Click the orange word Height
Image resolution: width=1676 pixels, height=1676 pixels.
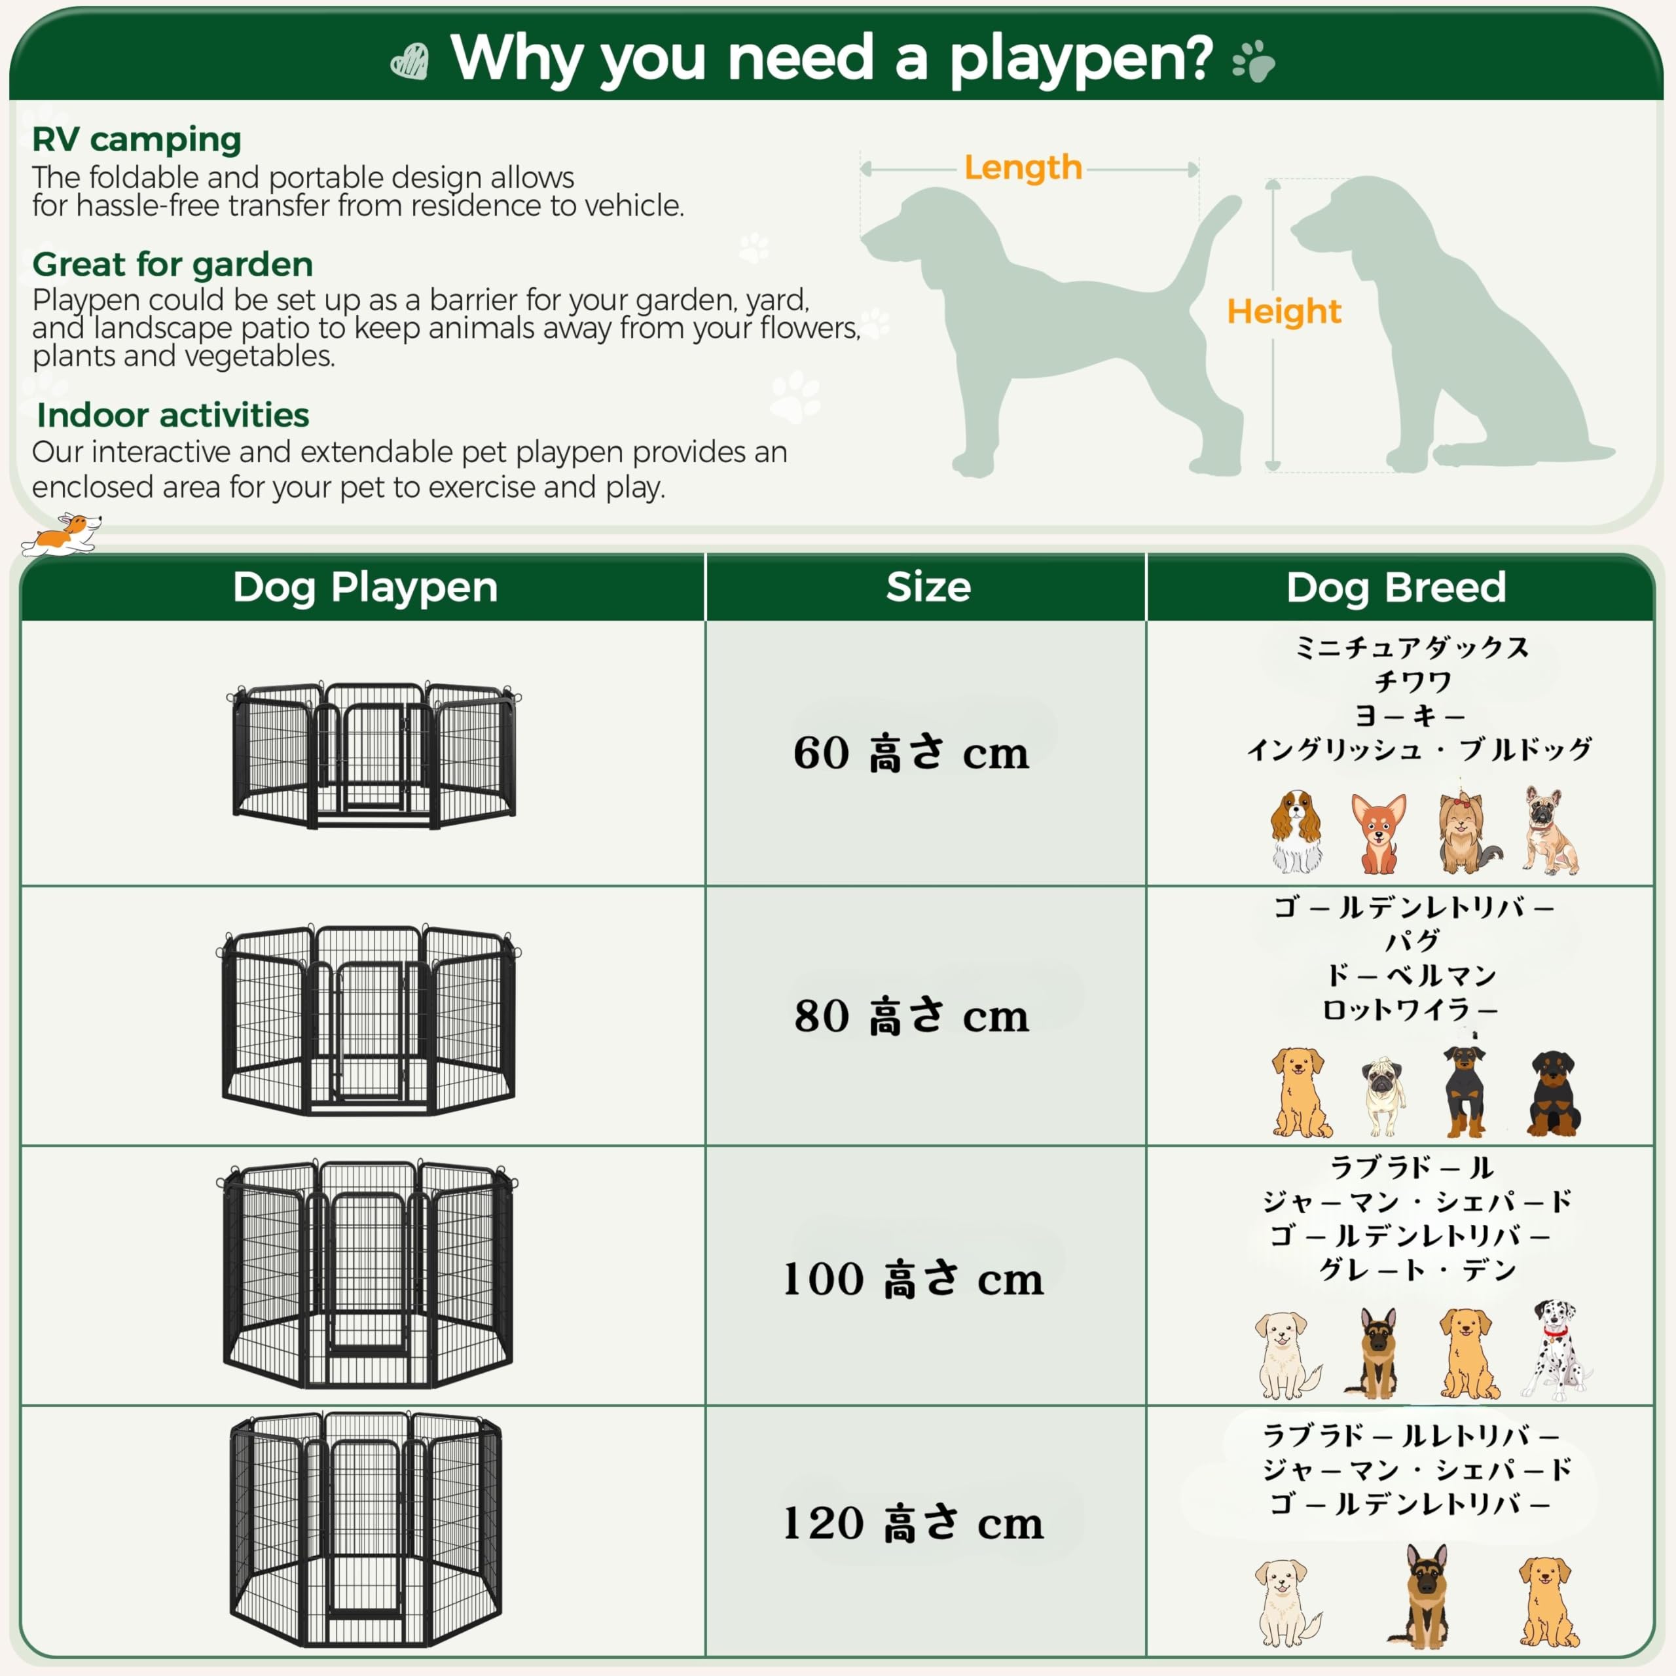(x=1284, y=312)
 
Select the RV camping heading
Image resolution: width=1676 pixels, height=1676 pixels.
(x=136, y=139)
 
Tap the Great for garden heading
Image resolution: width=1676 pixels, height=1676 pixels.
(x=173, y=264)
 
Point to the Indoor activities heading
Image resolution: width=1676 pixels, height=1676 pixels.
(x=173, y=416)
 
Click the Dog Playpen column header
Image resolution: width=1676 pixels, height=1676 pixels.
(x=365, y=588)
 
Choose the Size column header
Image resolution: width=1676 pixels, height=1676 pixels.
(x=928, y=587)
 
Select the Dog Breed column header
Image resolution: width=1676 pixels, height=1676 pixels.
(x=1396, y=587)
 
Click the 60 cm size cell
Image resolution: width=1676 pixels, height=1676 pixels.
(x=911, y=752)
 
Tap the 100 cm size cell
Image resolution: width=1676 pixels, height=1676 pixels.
(x=913, y=1278)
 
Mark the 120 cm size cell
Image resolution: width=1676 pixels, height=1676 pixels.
(x=913, y=1522)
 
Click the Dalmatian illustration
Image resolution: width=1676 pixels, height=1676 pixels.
(x=1556, y=1350)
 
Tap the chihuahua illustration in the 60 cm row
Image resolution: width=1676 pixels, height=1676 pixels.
(x=1379, y=833)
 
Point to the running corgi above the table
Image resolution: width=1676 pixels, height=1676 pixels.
(x=61, y=534)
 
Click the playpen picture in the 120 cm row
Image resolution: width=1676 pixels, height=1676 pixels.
(x=365, y=1530)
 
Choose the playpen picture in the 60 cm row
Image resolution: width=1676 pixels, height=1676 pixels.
(x=374, y=755)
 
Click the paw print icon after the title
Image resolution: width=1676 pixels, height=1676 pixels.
(x=1254, y=62)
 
